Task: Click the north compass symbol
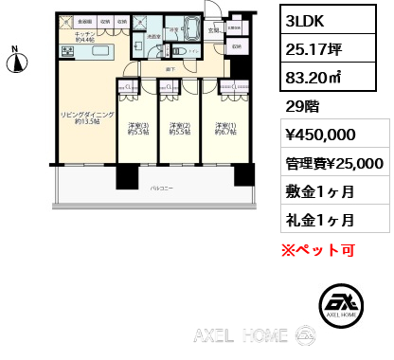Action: (x=15, y=63)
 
